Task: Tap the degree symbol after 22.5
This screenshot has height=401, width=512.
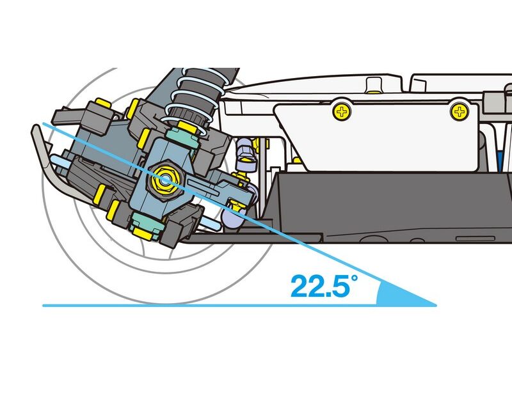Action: click(x=355, y=279)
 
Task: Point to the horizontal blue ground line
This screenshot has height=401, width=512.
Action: click(x=239, y=306)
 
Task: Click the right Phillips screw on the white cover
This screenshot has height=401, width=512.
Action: click(x=460, y=112)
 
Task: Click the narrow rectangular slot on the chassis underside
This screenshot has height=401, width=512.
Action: click(x=476, y=239)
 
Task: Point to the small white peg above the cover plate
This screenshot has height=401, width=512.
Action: click(x=374, y=86)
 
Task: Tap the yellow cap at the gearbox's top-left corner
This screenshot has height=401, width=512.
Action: click(x=103, y=103)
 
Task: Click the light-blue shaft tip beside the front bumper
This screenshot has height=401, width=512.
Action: click(x=58, y=160)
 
